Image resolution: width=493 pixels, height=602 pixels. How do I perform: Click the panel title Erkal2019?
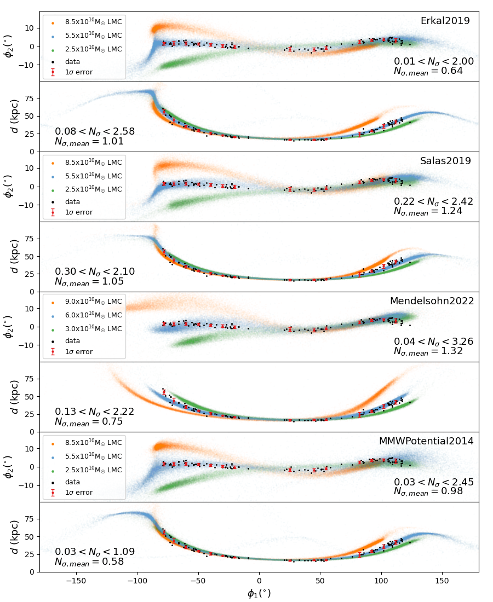click(445, 21)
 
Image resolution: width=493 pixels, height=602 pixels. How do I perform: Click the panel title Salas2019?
click(445, 161)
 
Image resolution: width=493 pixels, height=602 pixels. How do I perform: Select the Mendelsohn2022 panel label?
click(432, 301)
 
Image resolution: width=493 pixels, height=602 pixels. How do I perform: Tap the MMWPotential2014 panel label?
click(426, 441)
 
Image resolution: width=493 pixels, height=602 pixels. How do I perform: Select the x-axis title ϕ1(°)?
click(259, 593)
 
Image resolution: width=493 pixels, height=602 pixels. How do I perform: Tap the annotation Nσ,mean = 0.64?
click(428, 71)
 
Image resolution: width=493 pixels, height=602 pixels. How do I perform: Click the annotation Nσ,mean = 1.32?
click(428, 351)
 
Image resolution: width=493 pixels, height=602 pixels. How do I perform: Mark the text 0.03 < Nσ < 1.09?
click(94, 552)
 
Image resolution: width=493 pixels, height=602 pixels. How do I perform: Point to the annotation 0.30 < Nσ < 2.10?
click(94, 271)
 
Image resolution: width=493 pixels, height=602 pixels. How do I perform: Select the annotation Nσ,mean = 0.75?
click(88, 422)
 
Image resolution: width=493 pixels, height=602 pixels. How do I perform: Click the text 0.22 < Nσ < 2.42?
click(433, 201)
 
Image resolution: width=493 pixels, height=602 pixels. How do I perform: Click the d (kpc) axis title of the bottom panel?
click(15, 537)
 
